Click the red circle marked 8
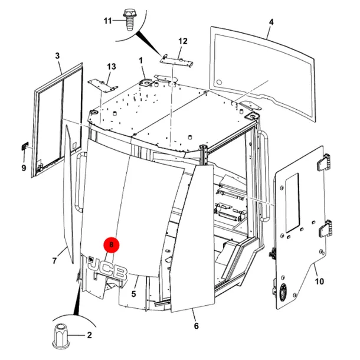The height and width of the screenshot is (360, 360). click(112, 244)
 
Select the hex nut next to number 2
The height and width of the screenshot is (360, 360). click(60, 336)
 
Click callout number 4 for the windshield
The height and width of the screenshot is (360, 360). click(271, 22)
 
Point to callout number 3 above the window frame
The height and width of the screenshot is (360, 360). click(57, 56)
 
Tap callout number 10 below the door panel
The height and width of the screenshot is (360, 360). click(319, 281)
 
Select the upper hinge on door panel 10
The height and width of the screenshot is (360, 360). click(323, 162)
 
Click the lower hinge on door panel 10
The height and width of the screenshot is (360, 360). click(326, 228)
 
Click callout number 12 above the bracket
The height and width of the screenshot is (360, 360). click(183, 41)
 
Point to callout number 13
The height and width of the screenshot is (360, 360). click(112, 67)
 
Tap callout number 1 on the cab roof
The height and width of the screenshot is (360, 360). click(140, 61)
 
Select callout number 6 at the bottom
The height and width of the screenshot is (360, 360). click(197, 326)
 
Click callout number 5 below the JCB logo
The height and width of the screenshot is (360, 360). click(133, 294)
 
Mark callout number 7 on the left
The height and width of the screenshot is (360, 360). click(54, 261)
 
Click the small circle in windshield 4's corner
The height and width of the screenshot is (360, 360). click(219, 82)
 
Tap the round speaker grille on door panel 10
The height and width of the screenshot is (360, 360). click(283, 292)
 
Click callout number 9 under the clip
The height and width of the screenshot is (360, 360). click(24, 168)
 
